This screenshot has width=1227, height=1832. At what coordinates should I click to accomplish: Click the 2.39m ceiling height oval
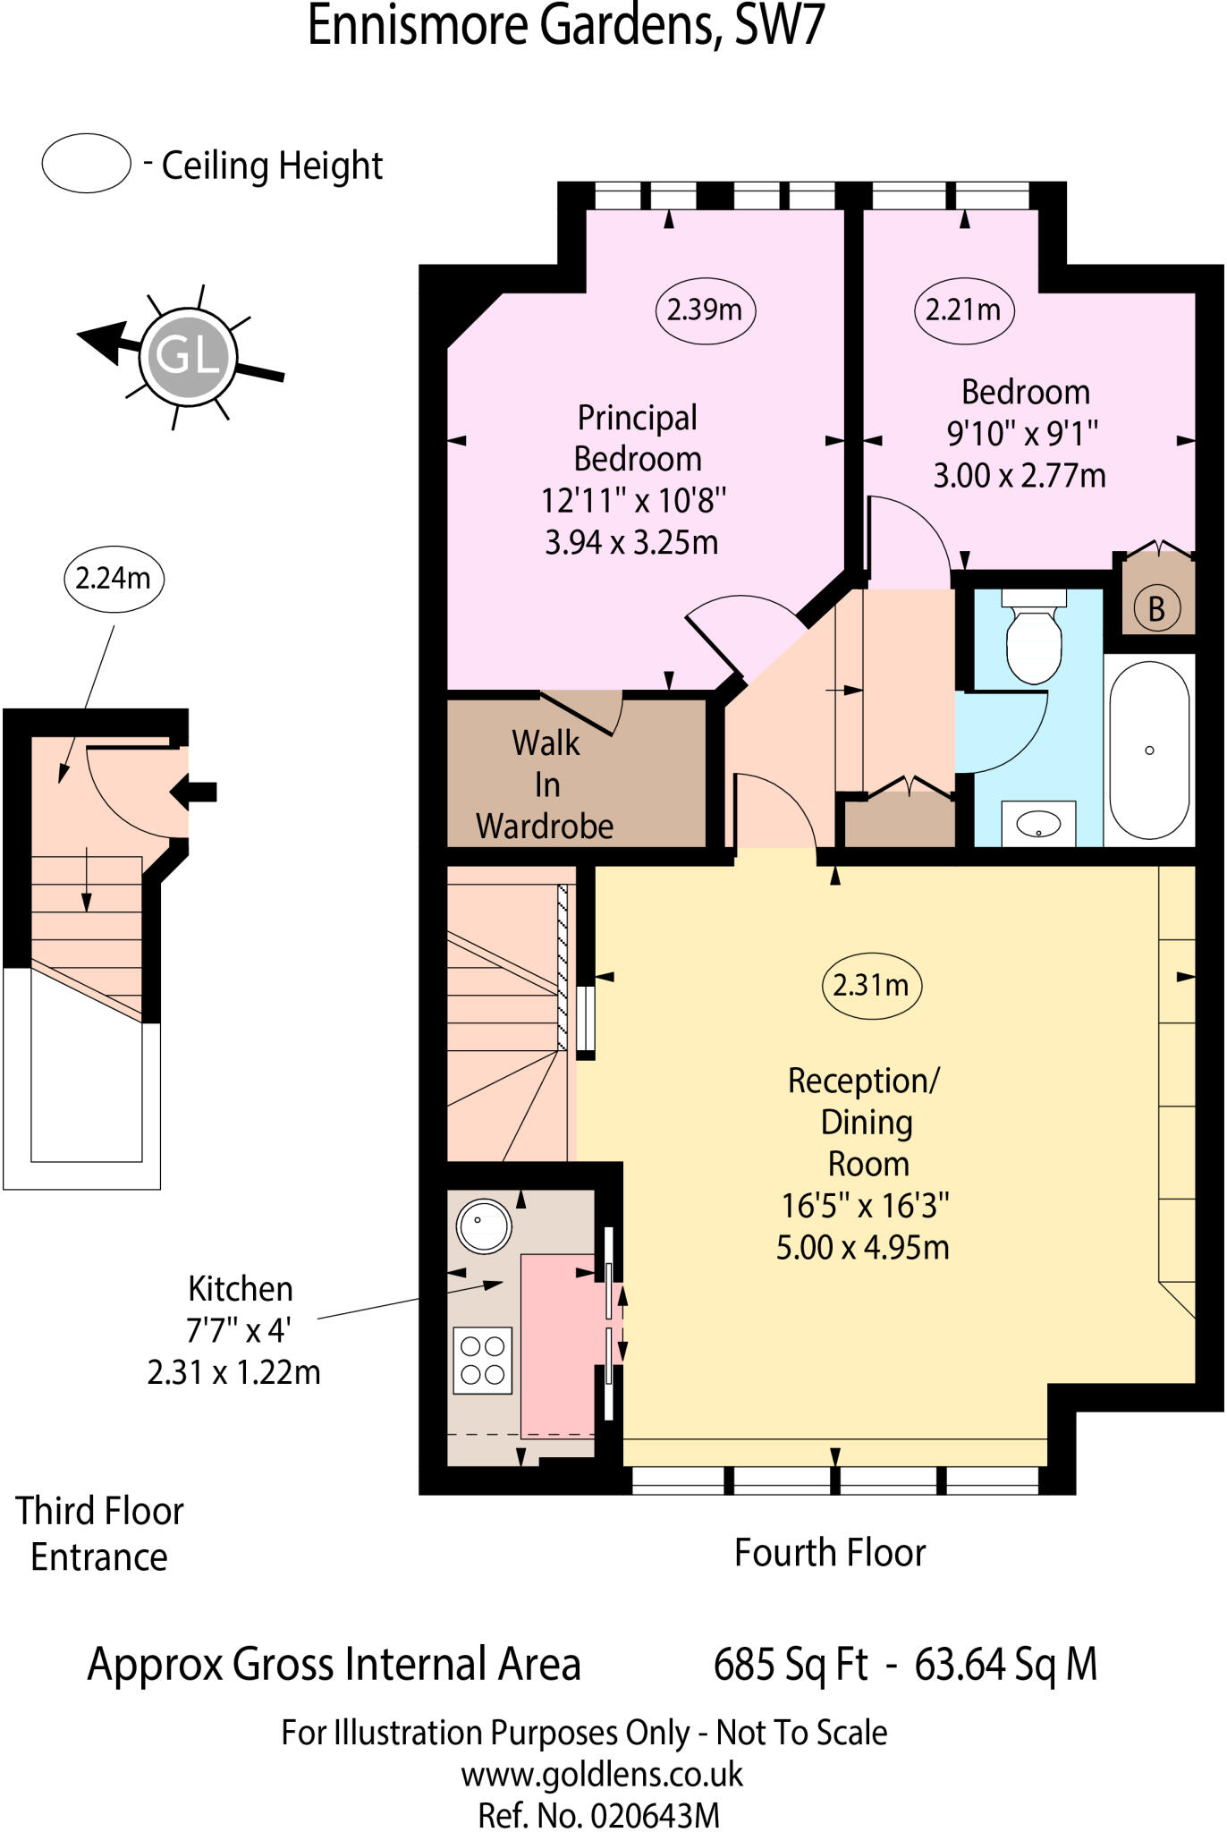click(705, 310)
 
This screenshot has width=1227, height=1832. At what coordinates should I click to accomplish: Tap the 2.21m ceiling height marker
click(963, 310)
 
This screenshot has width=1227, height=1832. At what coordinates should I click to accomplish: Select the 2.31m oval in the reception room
click(871, 986)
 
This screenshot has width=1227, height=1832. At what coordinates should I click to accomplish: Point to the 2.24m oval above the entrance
click(113, 579)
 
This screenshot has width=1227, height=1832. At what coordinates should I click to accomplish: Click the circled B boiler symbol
click(1156, 609)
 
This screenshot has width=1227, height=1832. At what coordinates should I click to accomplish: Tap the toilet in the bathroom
click(1034, 637)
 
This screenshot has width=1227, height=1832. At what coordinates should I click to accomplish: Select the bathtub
click(1150, 751)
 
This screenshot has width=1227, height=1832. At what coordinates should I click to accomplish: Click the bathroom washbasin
click(1039, 824)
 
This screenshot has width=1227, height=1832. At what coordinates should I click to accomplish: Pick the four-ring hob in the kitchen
click(483, 1361)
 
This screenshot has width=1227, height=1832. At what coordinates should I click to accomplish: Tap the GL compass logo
click(188, 355)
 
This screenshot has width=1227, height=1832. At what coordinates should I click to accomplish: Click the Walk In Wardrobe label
click(545, 785)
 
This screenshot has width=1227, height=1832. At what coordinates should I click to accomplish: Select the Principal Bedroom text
click(637, 438)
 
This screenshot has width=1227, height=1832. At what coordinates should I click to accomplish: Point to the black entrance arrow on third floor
click(194, 791)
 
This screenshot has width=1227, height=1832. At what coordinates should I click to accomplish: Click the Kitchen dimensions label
click(234, 1330)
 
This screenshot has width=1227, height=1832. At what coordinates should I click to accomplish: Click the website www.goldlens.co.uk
click(601, 1774)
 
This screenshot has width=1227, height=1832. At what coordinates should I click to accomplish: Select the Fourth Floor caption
click(829, 1553)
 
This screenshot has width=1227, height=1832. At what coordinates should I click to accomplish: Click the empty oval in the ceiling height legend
click(87, 164)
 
